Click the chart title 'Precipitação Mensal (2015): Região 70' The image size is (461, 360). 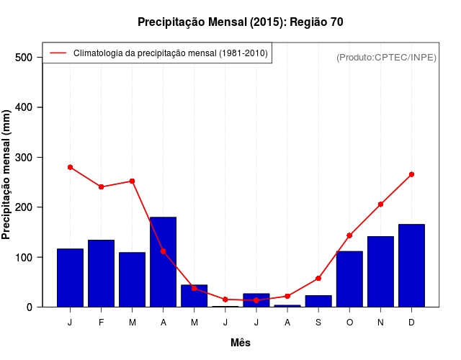tap(241, 22)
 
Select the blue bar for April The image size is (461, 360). tap(163, 262)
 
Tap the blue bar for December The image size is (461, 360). tap(411, 266)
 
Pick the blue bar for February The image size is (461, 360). tap(101, 274)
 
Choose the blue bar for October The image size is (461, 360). tap(349, 279)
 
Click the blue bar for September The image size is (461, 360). tap(318, 301)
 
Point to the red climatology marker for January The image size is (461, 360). tap(70, 167)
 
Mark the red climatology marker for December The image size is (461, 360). tap(411, 174)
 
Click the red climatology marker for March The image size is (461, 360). tap(132, 181)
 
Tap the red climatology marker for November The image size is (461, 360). tap(380, 204)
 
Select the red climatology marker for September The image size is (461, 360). tap(318, 279)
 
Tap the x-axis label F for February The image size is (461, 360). tap(101, 323)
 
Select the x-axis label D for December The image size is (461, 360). tap(411, 323)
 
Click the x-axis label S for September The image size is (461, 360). tap(318, 323)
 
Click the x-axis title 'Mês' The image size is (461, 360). tap(241, 343)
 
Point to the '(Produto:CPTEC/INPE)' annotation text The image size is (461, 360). tap(386, 58)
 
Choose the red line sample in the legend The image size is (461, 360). tap(58, 53)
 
